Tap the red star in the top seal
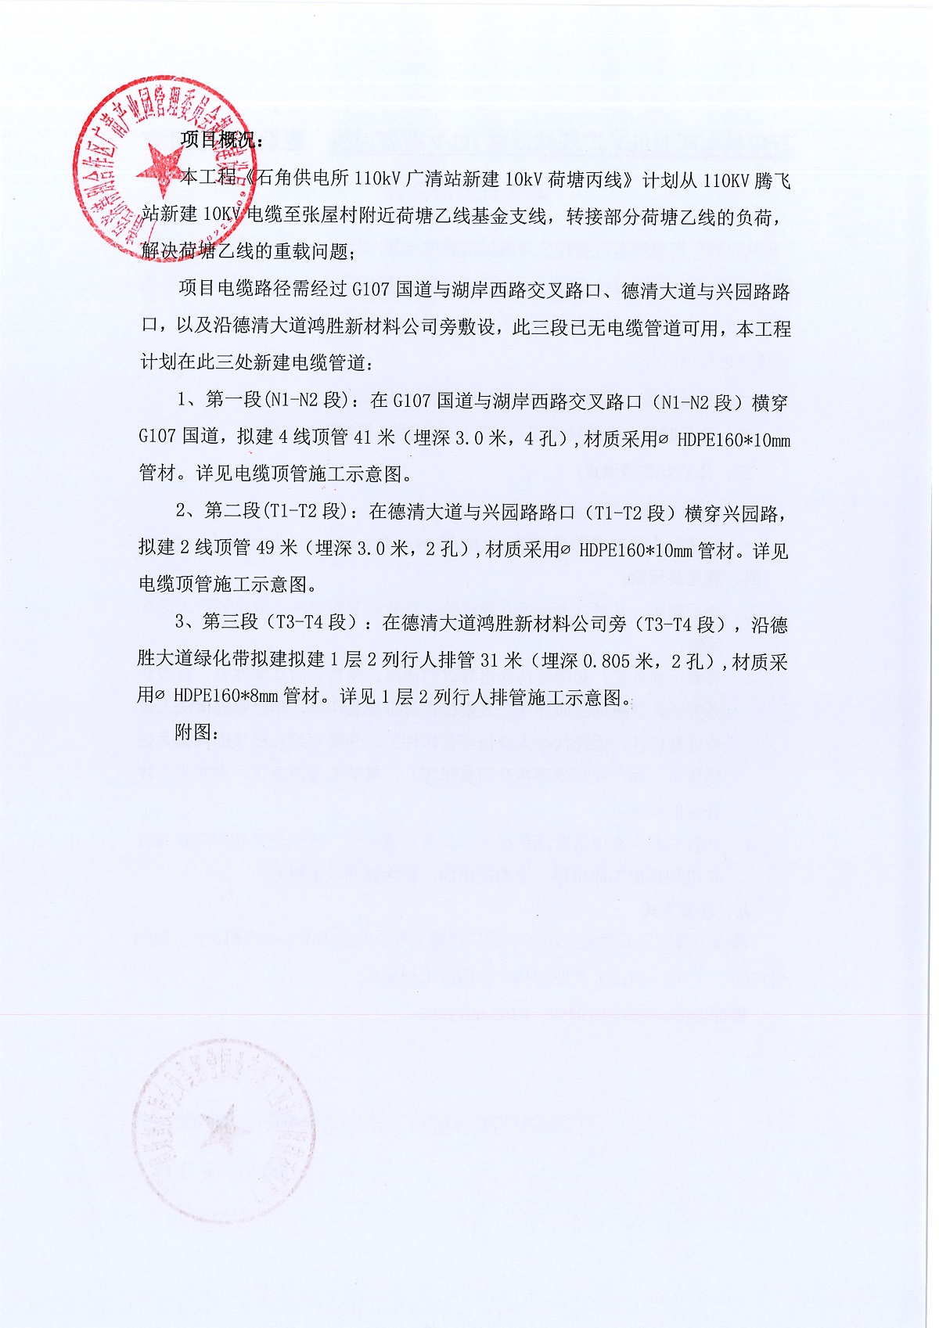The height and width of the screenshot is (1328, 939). coord(160,167)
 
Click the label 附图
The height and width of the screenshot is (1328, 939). coord(195,732)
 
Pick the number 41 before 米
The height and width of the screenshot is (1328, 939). coord(362,438)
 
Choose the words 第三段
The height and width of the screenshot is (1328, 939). coord(231,623)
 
